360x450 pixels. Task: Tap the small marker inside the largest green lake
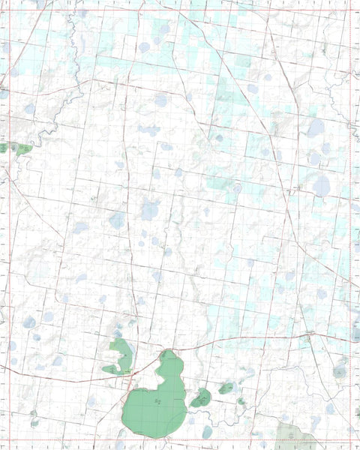157,402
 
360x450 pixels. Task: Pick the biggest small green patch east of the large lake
201,397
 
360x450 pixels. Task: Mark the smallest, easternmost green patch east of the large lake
241,402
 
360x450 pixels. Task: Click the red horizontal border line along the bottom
180,438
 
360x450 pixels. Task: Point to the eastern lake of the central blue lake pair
150,211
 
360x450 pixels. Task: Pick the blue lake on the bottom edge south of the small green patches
207,433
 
